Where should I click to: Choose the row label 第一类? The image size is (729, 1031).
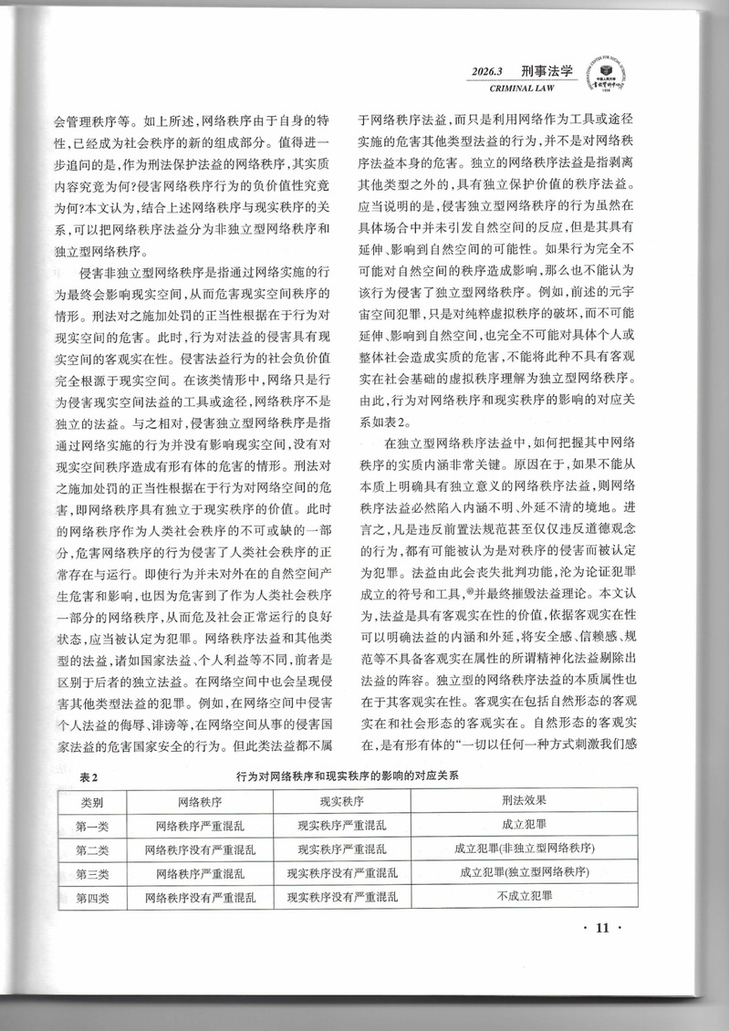tap(92, 825)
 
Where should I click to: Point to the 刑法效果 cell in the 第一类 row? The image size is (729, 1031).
tap(525, 825)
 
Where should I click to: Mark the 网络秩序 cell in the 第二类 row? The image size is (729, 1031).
tap(200, 849)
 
